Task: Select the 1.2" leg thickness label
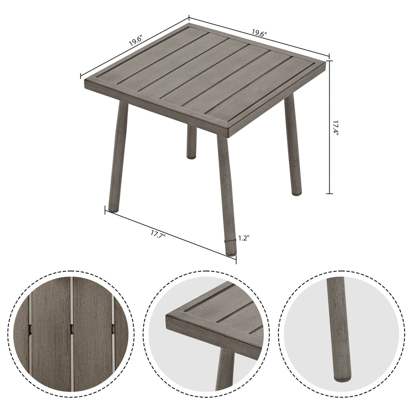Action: coord(244,238)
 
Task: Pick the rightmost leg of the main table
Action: coord(293,144)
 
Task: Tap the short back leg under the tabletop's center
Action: coord(191,142)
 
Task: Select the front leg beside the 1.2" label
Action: coord(226,192)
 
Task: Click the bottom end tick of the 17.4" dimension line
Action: coord(329,193)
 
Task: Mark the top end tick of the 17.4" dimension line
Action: coord(329,61)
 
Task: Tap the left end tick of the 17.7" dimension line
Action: coord(106,209)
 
